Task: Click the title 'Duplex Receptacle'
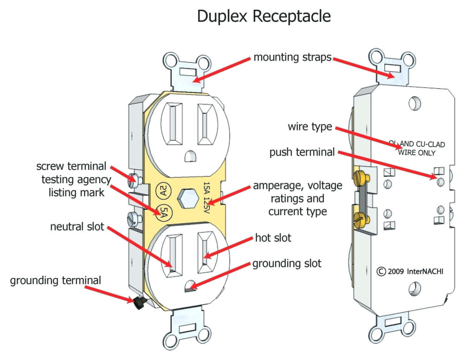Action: [263, 16]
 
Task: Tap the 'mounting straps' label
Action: [292, 58]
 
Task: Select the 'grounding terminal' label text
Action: [55, 280]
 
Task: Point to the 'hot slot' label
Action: [273, 238]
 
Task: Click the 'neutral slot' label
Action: [77, 227]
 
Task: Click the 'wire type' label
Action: [310, 126]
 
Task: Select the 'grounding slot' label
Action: [287, 264]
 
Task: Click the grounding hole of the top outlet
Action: [189, 156]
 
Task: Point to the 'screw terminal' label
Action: [71, 166]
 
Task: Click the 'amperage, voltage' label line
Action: [297, 186]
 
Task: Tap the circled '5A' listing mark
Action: [164, 212]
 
